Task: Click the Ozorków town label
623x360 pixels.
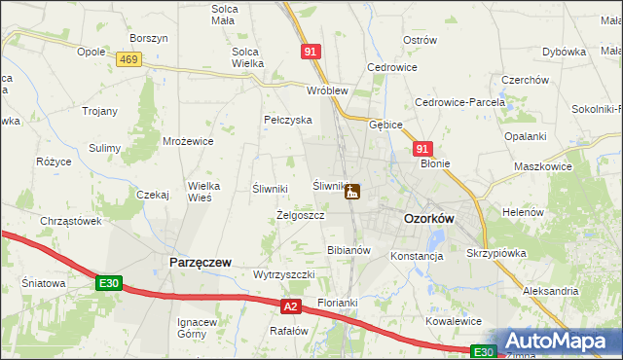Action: tap(428, 220)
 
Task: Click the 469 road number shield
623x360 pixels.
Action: tap(128, 60)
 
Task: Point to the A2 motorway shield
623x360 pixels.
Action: tap(290, 307)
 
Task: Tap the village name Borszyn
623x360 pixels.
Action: tap(149, 38)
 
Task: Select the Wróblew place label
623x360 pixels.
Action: tap(327, 90)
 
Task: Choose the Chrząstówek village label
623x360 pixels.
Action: tap(71, 221)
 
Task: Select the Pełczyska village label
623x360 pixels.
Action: tap(287, 120)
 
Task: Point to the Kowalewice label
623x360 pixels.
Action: tap(454, 321)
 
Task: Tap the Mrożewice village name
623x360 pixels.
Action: tap(189, 141)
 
